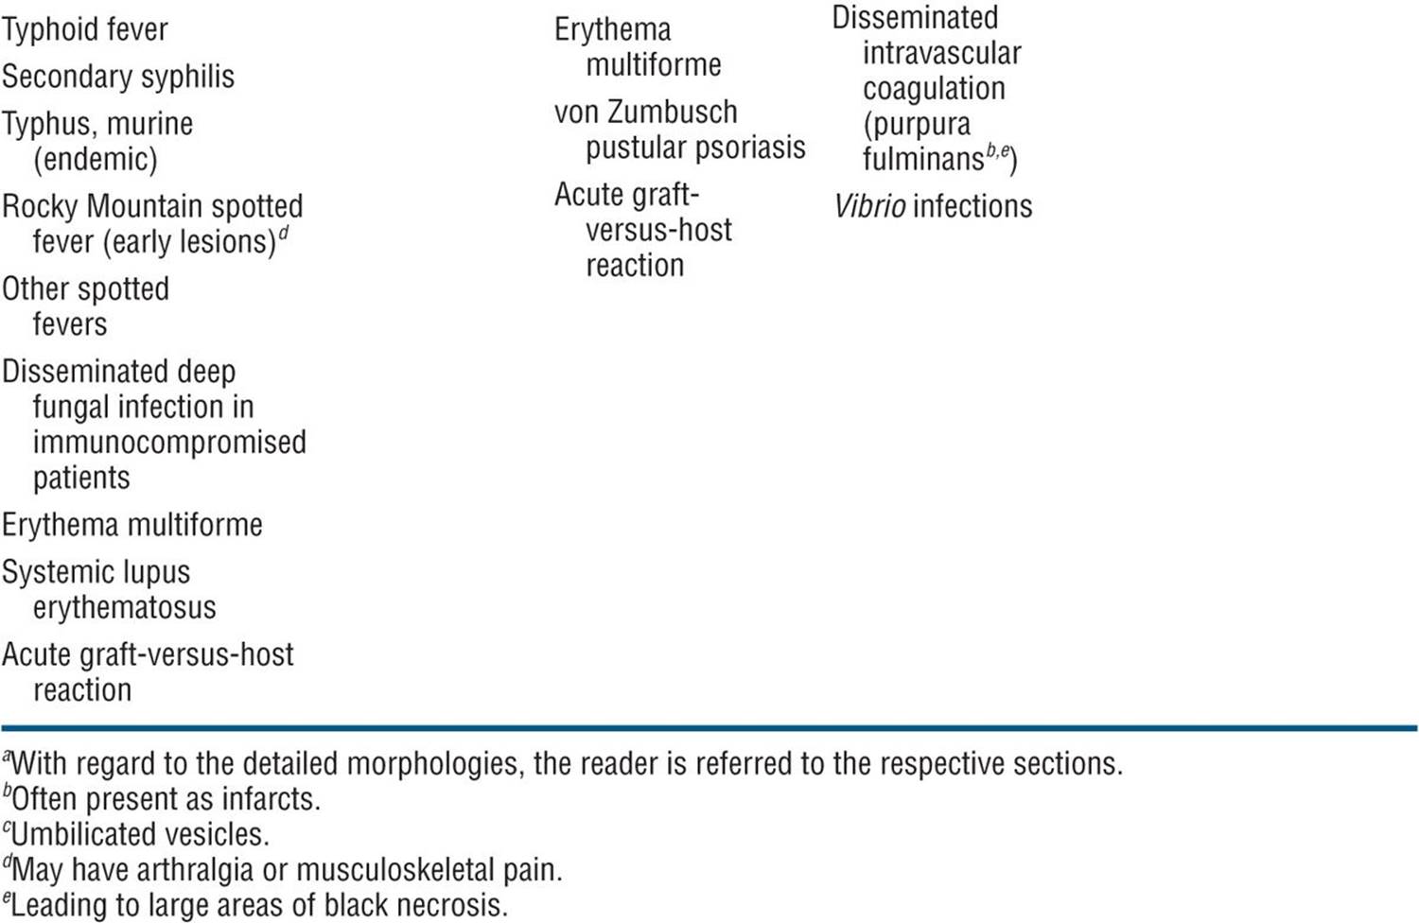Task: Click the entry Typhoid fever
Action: point(85,30)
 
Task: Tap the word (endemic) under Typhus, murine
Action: point(95,159)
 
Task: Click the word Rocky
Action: point(41,206)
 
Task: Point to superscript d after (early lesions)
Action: point(284,234)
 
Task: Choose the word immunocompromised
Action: point(169,442)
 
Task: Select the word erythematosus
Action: point(125,607)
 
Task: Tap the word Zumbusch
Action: point(672,113)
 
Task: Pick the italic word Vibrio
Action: point(869,206)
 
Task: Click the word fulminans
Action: point(923,159)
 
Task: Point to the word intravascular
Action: point(942,53)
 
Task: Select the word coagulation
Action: point(934,89)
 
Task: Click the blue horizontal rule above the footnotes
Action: point(709,728)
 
